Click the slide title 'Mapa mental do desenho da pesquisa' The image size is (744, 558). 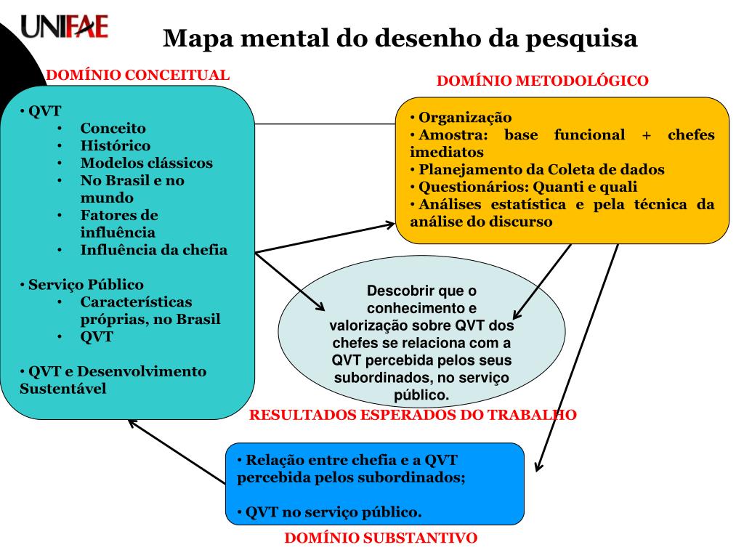click(x=400, y=38)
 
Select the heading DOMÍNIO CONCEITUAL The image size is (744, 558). click(x=138, y=75)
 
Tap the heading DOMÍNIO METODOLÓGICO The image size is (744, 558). click(x=542, y=81)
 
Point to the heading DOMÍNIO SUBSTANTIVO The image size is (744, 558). click(x=380, y=538)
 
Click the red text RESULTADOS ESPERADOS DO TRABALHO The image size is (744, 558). click(x=413, y=416)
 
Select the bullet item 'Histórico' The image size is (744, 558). click(x=116, y=145)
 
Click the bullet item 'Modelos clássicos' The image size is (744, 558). click(x=146, y=163)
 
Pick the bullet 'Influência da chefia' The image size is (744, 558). click(x=153, y=250)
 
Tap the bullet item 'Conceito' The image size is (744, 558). click(x=113, y=128)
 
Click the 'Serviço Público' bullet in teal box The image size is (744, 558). click(x=86, y=285)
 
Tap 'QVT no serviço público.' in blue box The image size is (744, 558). click(x=333, y=512)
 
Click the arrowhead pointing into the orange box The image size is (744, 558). click(x=389, y=225)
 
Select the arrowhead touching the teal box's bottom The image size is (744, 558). click(x=131, y=422)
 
